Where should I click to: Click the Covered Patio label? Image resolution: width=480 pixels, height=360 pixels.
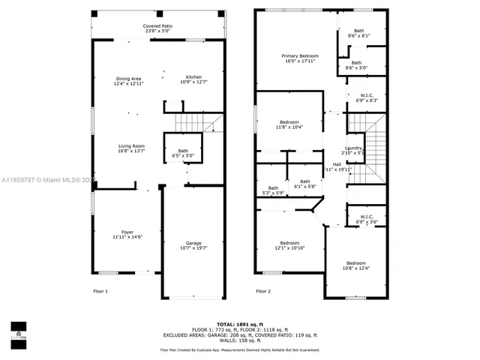pos(157,28)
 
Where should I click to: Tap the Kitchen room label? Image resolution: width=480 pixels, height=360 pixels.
pos(193,79)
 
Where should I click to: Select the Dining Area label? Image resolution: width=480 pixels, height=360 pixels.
pos(128,81)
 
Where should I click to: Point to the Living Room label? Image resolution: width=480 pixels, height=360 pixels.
pos(131,148)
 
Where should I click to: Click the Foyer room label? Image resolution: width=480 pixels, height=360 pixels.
pos(127,235)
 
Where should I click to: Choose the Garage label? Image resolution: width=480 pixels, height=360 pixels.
pos(193,245)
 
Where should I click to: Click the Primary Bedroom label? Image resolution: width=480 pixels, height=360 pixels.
pos(300,58)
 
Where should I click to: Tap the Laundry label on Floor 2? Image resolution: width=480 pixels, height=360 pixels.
pos(354,150)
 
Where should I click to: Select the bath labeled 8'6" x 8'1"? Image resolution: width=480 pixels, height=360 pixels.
pos(359,34)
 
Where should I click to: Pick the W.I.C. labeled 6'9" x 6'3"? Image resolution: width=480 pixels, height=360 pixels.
pos(366,97)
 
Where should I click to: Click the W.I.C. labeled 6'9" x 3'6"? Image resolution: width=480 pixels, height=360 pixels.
pos(366,219)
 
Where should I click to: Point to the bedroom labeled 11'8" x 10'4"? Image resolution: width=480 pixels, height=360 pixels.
pos(289,124)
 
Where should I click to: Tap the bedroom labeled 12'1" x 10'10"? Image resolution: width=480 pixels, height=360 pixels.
pos(289,245)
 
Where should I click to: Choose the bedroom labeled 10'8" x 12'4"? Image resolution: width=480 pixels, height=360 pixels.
pos(355,265)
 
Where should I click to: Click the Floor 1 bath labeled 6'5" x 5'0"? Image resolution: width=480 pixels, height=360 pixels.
pos(183,153)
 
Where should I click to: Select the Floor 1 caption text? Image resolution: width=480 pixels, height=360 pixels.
pos(100,291)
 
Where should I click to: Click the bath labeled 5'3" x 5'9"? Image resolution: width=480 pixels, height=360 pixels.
pos(273,190)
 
